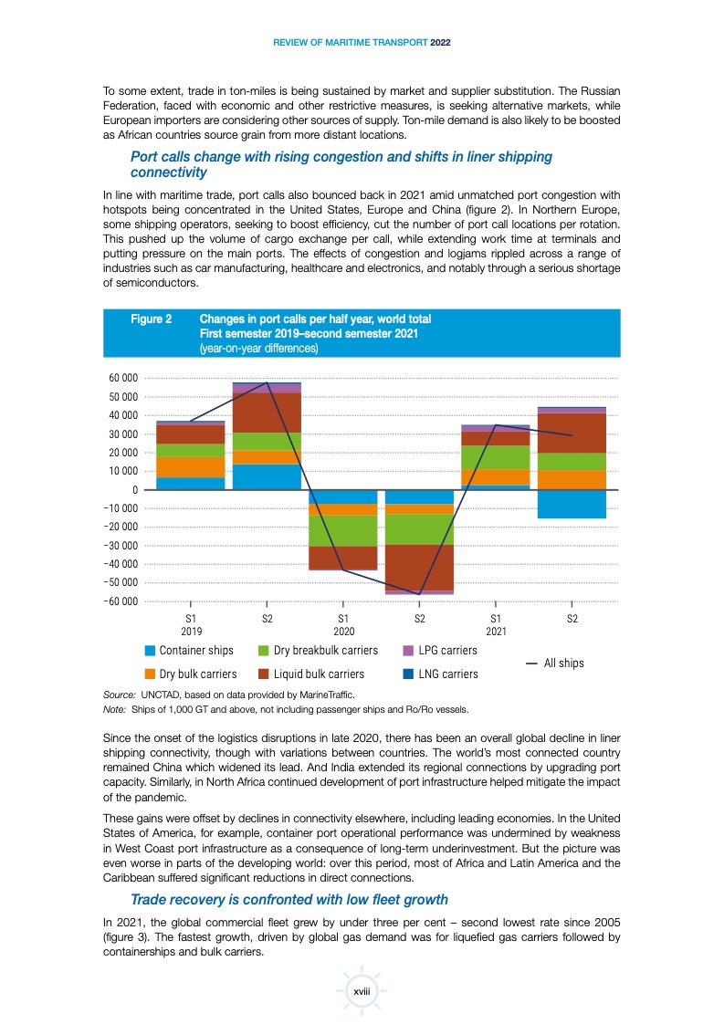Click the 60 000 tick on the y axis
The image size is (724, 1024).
(x=121, y=378)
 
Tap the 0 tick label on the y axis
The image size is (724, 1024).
(x=134, y=490)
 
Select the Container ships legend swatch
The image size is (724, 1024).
(x=150, y=651)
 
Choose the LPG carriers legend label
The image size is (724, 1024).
(x=447, y=651)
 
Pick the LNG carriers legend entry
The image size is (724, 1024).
(x=447, y=674)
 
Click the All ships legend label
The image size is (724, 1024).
(x=563, y=663)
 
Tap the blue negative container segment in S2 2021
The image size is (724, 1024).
(x=572, y=504)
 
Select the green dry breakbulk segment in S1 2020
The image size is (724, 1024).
(x=342, y=530)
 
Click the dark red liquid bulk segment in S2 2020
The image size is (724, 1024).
(x=419, y=567)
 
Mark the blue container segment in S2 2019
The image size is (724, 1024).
(x=267, y=476)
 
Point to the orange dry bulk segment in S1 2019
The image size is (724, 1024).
(x=190, y=466)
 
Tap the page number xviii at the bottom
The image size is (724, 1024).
(x=362, y=989)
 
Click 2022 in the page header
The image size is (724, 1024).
(x=440, y=42)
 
